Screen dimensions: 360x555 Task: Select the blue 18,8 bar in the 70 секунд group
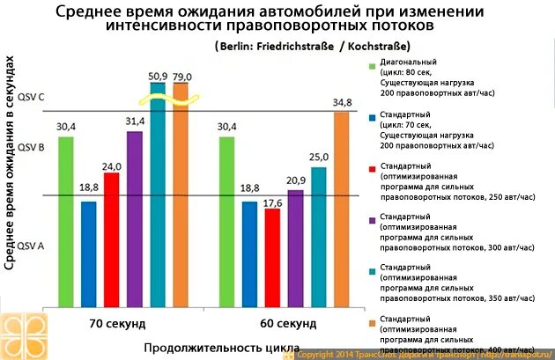pos(89,254)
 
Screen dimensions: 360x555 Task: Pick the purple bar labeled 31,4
pos(135,219)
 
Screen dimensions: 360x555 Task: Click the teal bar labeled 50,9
pos(159,194)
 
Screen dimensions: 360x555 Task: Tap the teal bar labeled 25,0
pos(318,237)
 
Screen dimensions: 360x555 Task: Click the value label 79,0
pos(182,77)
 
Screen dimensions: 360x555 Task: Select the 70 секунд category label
pos(118,323)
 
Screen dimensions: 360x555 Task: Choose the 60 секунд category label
pos(289,323)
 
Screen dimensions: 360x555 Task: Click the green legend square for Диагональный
pos(373,64)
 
